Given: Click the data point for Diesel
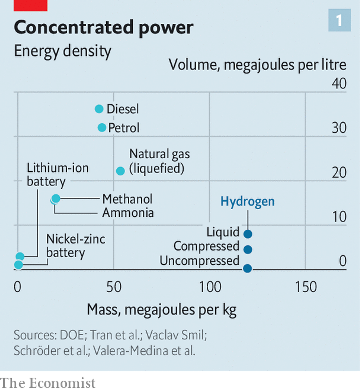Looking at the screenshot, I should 99,109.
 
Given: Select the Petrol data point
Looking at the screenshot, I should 102,127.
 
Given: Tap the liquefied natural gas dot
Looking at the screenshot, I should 120,171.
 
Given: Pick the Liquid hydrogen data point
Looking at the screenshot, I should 248,234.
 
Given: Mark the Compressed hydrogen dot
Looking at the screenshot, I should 248,249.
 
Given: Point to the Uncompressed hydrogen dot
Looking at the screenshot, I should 247,268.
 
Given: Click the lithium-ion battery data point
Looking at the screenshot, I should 20,256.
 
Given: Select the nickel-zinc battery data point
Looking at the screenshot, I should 18,265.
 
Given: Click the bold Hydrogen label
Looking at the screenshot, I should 247,201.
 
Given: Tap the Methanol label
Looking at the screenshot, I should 127,199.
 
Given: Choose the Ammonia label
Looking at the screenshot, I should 128,213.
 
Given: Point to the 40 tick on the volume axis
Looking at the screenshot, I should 339,83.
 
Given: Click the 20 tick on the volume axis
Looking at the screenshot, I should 339,172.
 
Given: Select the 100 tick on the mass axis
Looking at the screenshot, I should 210,287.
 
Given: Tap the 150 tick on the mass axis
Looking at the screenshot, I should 306,287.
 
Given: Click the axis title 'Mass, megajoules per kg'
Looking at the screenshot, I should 161,310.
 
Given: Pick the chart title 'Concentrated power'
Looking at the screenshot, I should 103,28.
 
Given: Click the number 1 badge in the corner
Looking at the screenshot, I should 339,20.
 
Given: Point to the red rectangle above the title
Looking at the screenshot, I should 30,5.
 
